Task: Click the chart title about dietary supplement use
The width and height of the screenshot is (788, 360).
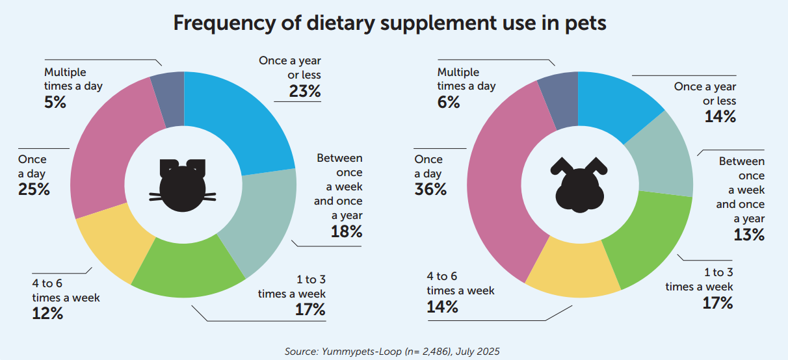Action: [389, 24]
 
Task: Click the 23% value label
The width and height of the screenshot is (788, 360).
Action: [306, 91]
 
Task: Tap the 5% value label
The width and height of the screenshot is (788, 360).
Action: [55, 102]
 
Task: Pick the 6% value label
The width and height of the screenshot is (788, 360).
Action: [448, 102]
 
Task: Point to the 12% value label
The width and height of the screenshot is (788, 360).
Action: [47, 313]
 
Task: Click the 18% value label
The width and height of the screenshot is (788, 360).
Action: [347, 231]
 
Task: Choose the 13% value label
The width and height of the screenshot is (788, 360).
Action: [748, 235]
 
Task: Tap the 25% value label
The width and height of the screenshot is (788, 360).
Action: [34, 189]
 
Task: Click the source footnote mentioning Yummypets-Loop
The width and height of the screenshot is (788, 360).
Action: [392, 351]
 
